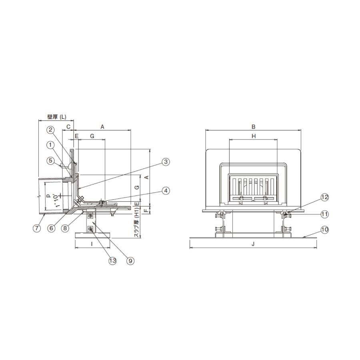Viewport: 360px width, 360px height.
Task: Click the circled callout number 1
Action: click(50, 145)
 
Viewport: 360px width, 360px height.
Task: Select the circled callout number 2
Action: click(50, 130)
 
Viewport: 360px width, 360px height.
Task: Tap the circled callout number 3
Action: click(166, 162)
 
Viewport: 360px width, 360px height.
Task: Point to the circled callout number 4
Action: click(166, 190)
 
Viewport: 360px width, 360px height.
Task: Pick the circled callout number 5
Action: click(50, 160)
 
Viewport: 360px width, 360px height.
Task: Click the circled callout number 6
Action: click(51, 228)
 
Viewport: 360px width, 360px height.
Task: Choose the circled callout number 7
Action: click(37, 228)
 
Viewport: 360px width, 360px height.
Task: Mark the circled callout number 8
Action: click(65, 228)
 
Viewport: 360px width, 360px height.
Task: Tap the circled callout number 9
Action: click(130, 261)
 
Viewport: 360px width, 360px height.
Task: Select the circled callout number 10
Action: click(325, 230)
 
